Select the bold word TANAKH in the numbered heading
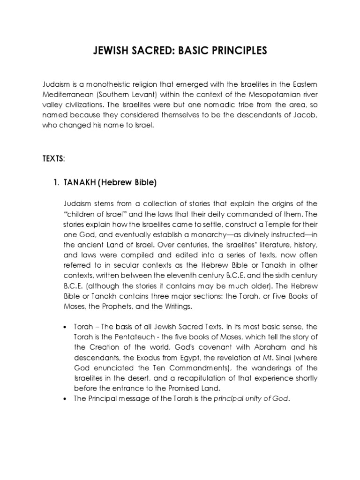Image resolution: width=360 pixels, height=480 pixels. (x=79, y=183)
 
